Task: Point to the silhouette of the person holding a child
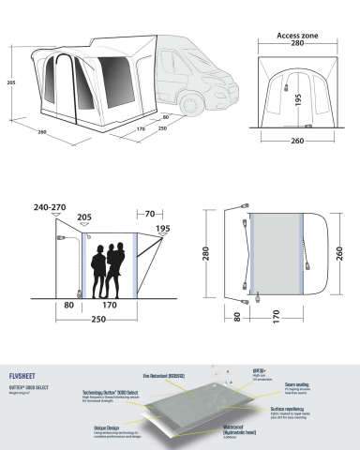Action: (x=116, y=266)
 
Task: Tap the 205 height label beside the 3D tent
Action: (x=8, y=83)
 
